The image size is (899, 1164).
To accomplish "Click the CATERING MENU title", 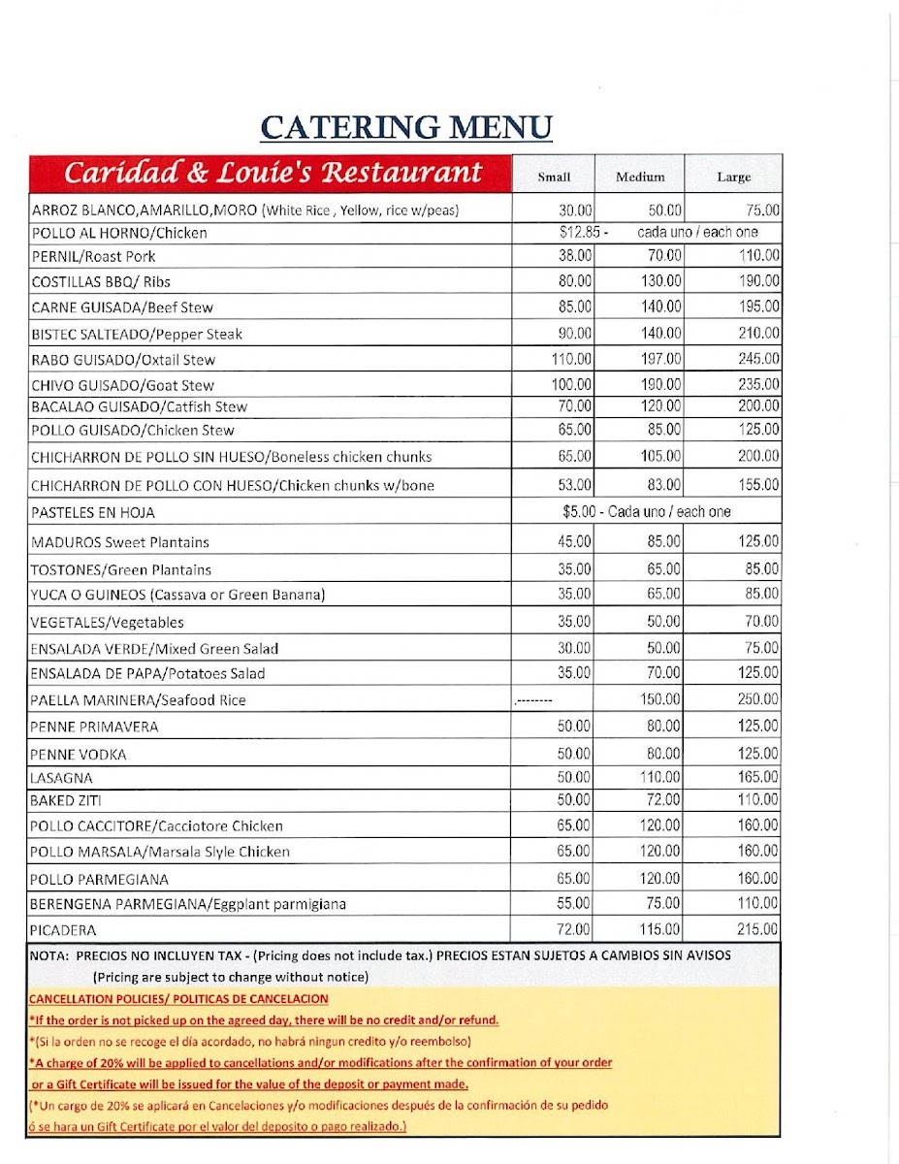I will pos(406,127).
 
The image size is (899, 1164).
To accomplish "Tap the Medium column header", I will pos(640,177).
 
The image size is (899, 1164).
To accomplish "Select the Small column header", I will pos(554,177).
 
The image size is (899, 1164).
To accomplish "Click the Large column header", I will pos(733,177).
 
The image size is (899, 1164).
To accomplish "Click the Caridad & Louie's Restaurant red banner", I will pos(273,173).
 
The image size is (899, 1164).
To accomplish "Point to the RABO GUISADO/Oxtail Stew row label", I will pos(123,359).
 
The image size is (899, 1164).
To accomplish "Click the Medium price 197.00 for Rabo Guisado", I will pos(660,359).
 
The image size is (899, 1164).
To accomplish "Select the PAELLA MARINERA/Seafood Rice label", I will pos(139,699).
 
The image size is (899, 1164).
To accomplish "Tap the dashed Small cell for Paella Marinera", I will pos(534,699).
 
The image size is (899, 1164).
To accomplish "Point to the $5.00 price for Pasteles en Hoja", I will pos(580,511).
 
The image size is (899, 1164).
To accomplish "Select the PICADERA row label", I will pos(64,929).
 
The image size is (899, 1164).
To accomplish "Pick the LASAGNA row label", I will pos(62,778).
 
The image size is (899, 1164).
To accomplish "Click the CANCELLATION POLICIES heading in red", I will pos(178,998).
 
